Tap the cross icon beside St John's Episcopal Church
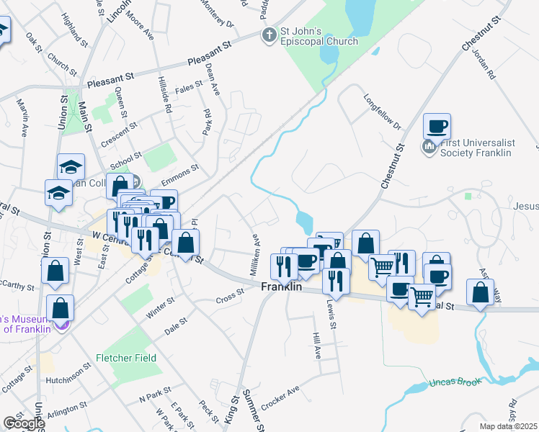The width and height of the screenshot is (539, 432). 269,35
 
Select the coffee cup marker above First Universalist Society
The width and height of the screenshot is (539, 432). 437,127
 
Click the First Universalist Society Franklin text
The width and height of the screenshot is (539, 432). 476,148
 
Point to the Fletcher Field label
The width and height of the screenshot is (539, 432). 126,358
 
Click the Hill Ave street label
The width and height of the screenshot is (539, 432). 316,346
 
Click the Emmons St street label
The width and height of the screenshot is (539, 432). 180,174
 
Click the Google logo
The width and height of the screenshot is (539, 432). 23,423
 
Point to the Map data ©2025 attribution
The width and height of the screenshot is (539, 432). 508,426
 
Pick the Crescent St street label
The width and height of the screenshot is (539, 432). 120,134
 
